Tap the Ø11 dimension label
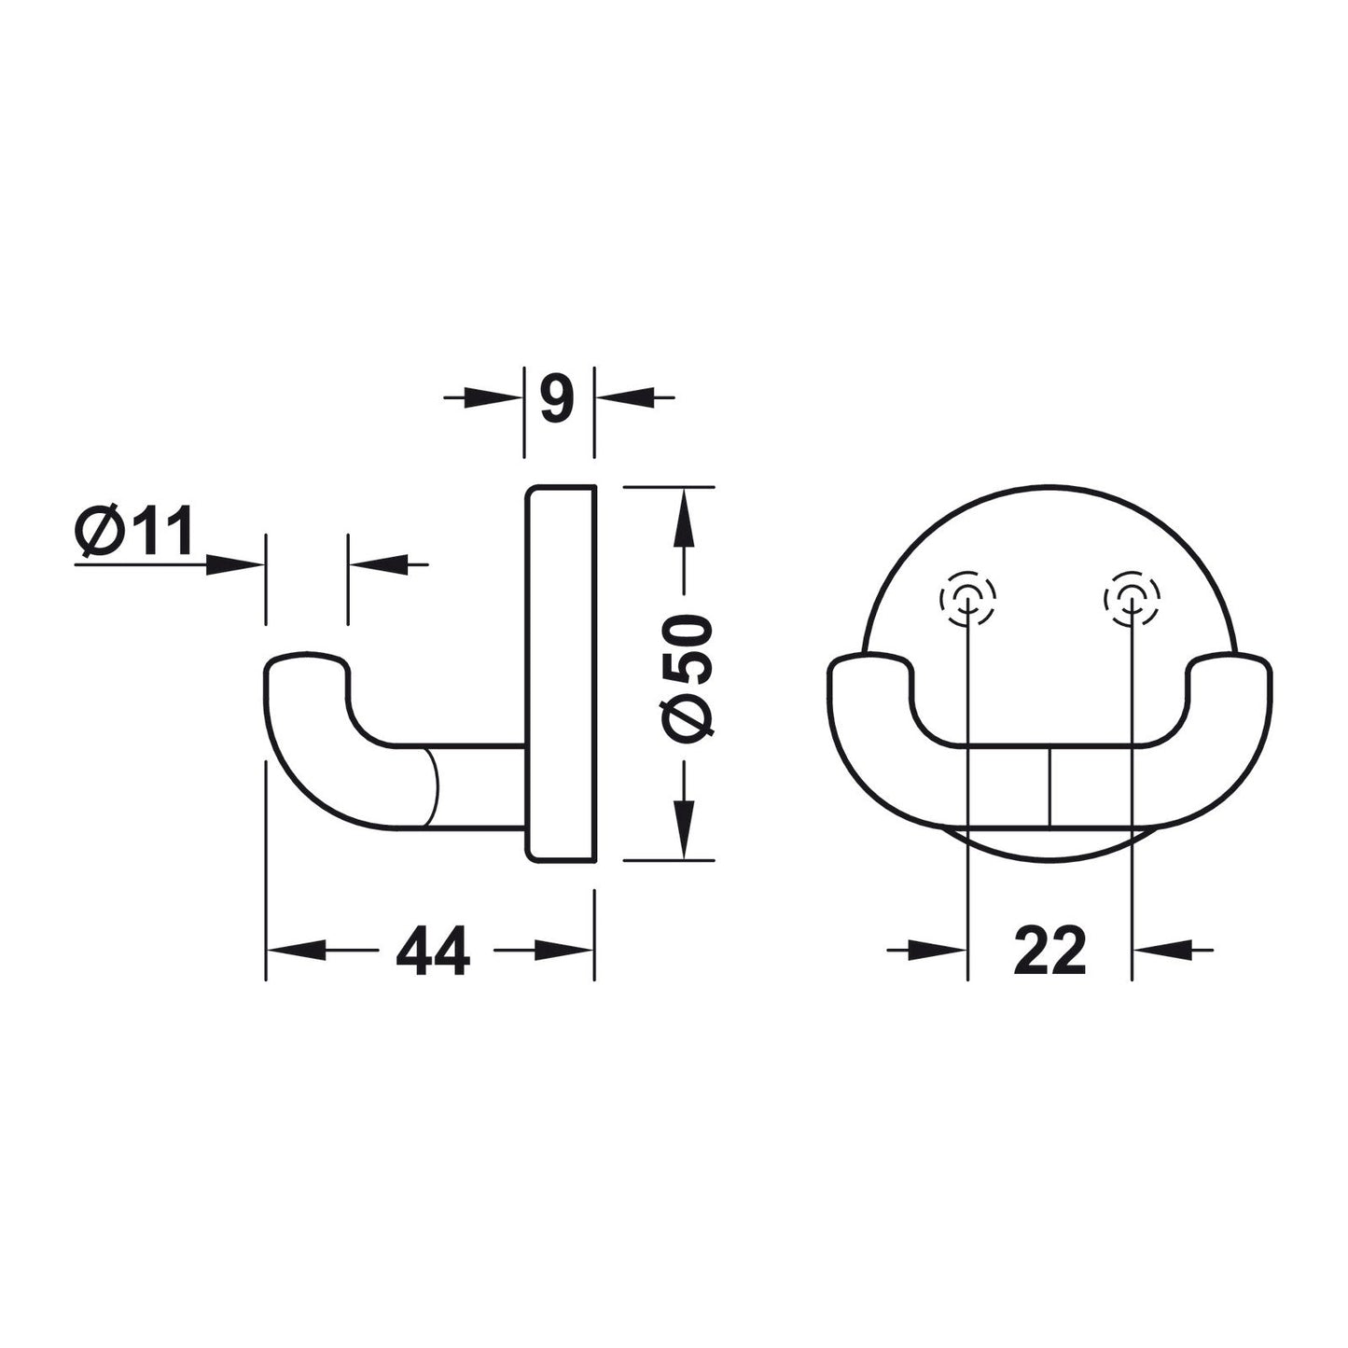[x=132, y=531]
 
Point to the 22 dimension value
[x=1049, y=950]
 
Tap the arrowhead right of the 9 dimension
[x=624, y=397]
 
